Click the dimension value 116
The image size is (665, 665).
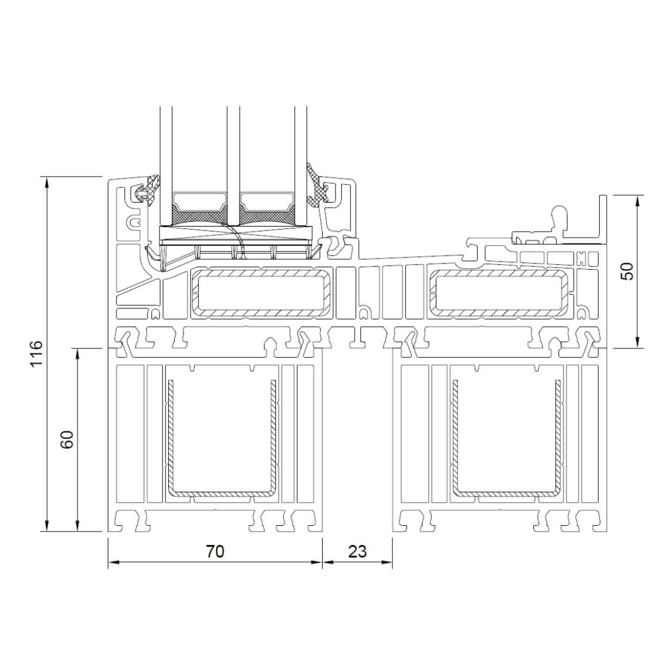coord(37,353)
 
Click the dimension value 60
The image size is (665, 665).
coord(67,440)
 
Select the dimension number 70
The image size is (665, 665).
coord(215,551)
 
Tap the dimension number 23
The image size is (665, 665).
coord(357,551)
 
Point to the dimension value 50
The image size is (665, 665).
coord(627,272)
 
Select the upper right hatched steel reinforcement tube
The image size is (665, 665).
coord(432,292)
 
